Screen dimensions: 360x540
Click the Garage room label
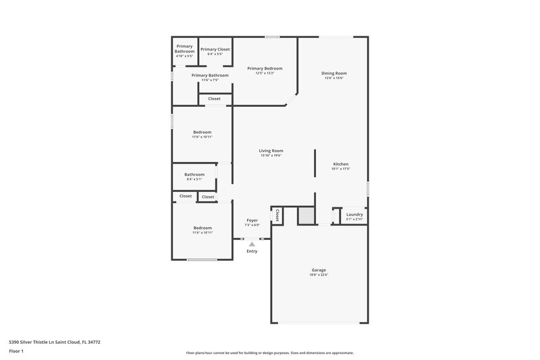pos(319,269)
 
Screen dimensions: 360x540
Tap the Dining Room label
pos(334,73)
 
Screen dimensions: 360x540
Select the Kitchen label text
pos(340,164)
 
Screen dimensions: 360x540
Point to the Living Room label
pos(271,151)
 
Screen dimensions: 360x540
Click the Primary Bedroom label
pos(265,68)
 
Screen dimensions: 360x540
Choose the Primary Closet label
pos(215,49)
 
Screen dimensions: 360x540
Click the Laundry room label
pos(354,215)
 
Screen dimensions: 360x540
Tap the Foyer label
pos(252,220)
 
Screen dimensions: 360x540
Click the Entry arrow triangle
pos(252,244)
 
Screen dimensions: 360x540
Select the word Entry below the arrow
pos(252,251)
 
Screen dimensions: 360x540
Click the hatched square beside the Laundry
pos(306,215)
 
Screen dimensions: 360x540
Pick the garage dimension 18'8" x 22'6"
pos(319,274)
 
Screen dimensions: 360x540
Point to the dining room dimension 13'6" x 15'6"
pos(334,78)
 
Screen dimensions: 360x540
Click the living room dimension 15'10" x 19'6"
pos(271,155)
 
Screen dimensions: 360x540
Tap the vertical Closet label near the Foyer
pos(277,215)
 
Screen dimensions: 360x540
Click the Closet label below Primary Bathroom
pos(214,99)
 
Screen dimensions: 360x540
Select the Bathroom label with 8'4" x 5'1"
pos(194,174)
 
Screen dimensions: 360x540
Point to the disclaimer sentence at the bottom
pos(269,353)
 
